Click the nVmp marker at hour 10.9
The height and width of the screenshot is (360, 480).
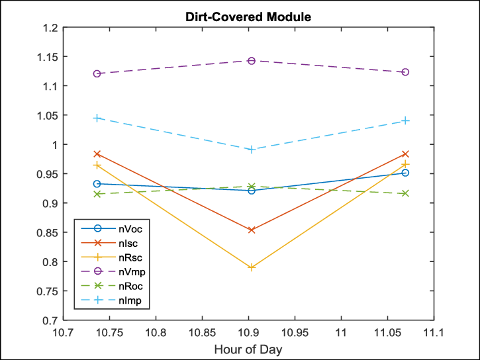pyautogui.click(x=252, y=61)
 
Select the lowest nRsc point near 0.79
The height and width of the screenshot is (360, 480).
pyautogui.click(x=252, y=267)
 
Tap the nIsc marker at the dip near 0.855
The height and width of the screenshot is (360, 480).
pyautogui.click(x=252, y=230)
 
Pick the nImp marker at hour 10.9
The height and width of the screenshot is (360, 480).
pyautogui.click(x=252, y=150)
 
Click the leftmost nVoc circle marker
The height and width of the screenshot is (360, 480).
pyautogui.click(x=97, y=184)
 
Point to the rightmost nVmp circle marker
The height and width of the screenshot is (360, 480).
pyautogui.click(x=405, y=72)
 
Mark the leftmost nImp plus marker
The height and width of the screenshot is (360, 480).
pyautogui.click(x=97, y=118)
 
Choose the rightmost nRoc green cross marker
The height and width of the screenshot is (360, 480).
pyautogui.click(x=405, y=193)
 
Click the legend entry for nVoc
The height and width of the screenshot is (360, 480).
pyautogui.click(x=130, y=229)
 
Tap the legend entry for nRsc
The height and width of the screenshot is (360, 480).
pyautogui.click(x=130, y=258)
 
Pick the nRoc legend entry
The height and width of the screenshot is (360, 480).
pyautogui.click(x=130, y=287)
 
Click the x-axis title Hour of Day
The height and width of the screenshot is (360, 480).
pyautogui.click(x=248, y=349)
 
